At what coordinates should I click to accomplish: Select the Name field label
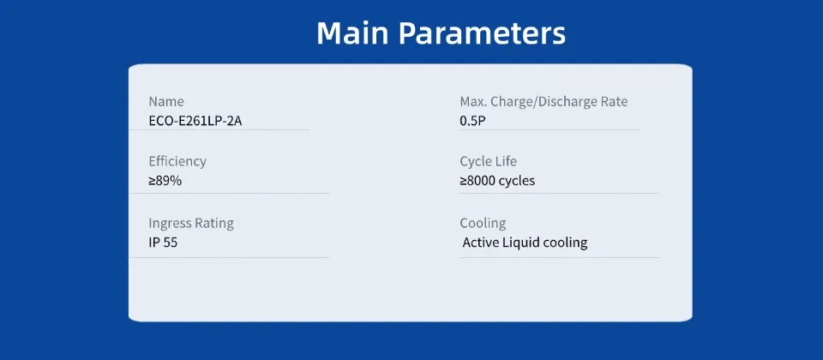166,101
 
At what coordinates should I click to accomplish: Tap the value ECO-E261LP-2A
195,121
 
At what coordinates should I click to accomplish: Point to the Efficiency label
177,161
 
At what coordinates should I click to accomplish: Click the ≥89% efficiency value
165,181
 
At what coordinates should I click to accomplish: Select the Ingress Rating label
191,223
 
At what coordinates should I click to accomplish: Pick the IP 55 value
163,243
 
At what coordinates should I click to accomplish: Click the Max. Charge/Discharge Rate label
544,101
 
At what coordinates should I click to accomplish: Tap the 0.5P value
473,121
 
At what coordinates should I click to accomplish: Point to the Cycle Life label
489,161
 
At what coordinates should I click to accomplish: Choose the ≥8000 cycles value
497,181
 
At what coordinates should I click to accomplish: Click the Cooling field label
483,223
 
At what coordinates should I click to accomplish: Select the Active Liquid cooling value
525,243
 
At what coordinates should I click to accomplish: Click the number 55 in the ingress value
170,243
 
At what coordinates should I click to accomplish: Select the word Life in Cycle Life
506,161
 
